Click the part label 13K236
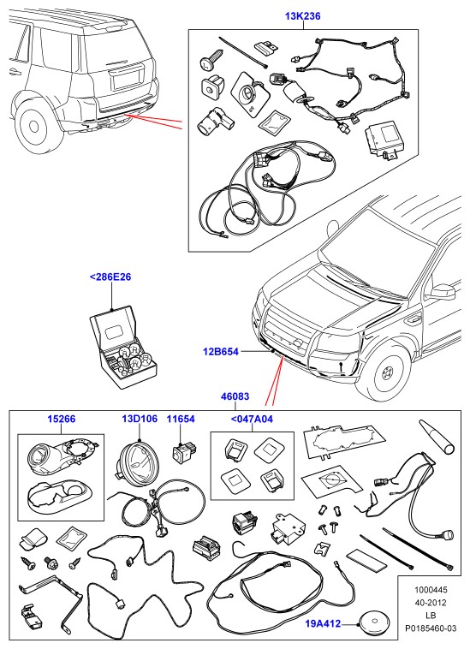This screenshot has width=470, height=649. click(x=303, y=16)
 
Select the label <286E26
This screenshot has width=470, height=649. click(x=110, y=277)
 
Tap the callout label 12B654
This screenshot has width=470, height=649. click(x=221, y=352)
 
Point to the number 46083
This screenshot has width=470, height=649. click(x=235, y=396)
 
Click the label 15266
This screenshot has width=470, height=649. click(x=62, y=419)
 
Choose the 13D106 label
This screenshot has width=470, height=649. click(x=140, y=419)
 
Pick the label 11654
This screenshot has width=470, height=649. click(x=181, y=419)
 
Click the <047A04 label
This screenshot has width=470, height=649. click(x=252, y=419)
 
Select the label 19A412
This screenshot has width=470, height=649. click(x=323, y=623)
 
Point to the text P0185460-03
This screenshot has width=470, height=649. click(x=431, y=628)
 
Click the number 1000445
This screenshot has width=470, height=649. click(x=431, y=589)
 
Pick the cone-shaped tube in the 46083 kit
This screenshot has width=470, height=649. click(x=437, y=437)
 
